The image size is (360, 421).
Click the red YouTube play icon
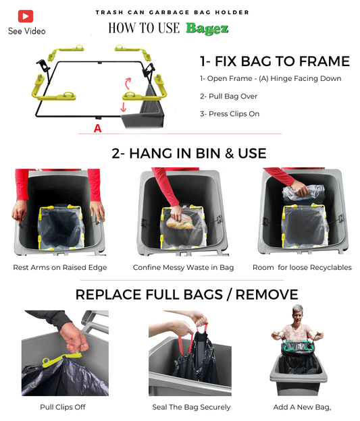26,16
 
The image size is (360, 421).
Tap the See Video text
26,31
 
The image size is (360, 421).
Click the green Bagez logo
207,28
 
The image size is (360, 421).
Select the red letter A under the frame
97,128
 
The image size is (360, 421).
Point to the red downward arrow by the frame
124,107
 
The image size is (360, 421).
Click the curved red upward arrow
128,83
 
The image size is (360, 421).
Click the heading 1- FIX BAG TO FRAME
275,61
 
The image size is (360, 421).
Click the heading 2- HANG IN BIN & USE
188,154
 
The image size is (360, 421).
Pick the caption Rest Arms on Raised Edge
60,267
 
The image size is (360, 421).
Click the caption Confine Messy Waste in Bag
183,267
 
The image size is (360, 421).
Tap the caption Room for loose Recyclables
302,267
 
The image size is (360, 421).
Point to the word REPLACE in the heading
109,295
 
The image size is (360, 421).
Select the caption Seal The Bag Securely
191,407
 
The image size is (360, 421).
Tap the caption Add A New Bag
302,408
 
